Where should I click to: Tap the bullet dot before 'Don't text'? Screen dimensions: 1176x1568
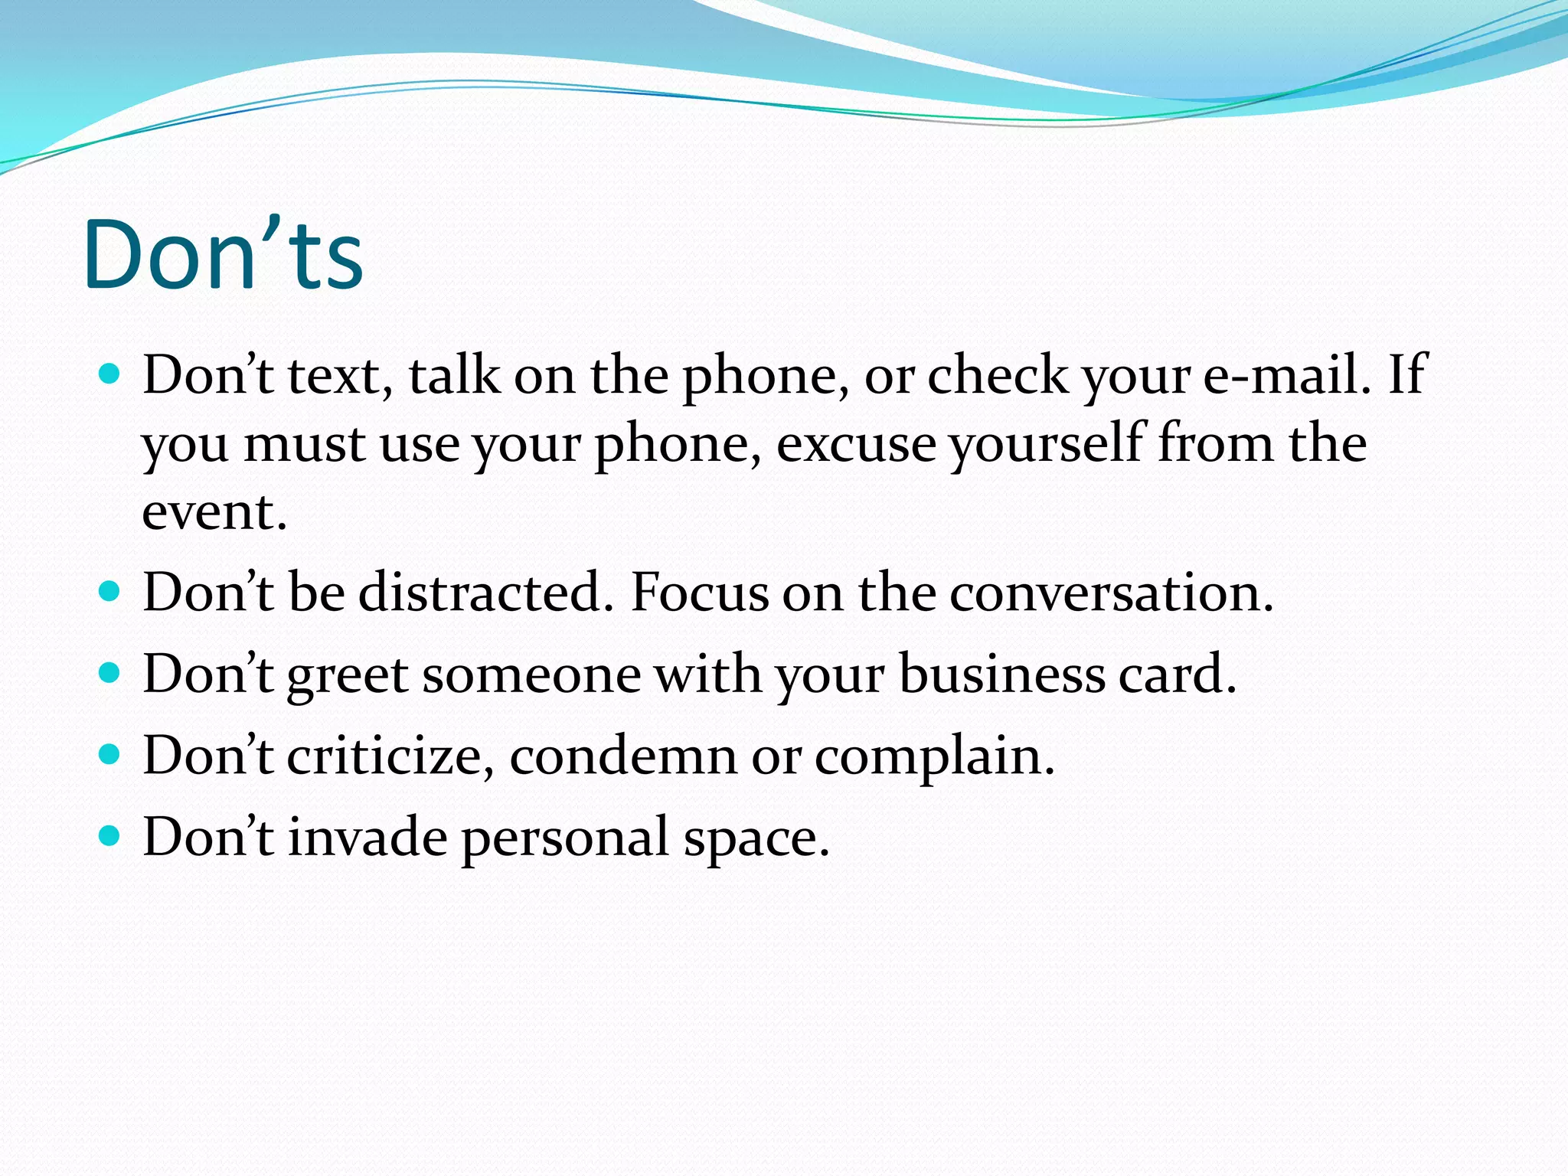(x=110, y=374)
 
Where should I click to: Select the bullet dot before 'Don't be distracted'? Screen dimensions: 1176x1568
(x=110, y=592)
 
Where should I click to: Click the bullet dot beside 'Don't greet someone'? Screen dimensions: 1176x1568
(x=110, y=673)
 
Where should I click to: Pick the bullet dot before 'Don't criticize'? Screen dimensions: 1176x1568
(x=110, y=755)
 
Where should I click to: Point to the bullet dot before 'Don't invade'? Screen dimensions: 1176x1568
(x=110, y=835)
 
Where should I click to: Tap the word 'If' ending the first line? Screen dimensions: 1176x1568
(x=1407, y=375)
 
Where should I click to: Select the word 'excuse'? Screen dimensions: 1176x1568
(x=856, y=444)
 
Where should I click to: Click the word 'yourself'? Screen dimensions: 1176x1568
(x=1046, y=444)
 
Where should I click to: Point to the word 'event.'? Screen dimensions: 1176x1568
(x=214, y=511)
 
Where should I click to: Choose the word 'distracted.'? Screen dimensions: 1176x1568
(x=486, y=593)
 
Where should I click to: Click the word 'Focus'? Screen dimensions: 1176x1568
(x=698, y=593)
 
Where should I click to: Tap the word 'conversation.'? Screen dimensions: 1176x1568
(x=1111, y=593)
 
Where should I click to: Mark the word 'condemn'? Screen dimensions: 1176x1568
(x=622, y=756)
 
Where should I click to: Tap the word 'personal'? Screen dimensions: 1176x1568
(x=566, y=838)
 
